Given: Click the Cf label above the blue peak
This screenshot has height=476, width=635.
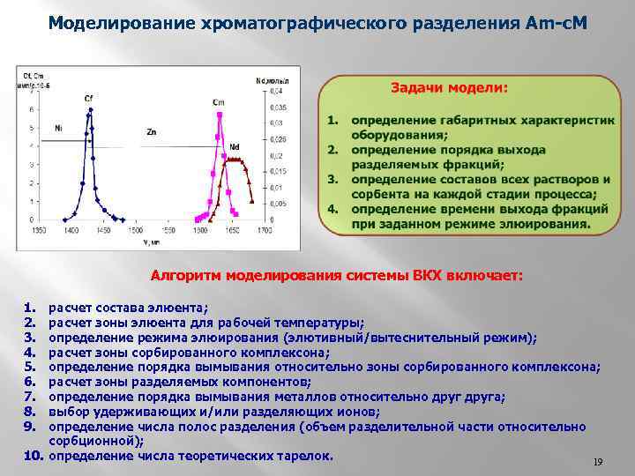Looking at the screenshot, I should (89, 98).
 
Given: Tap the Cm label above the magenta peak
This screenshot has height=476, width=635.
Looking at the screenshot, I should (218, 102).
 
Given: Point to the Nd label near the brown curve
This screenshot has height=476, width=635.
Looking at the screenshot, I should (235, 146).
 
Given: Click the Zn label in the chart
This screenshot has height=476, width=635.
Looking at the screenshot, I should (152, 131).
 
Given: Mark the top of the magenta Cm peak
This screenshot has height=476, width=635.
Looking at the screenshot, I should (219, 112).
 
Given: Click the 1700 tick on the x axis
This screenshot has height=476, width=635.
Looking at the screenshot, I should (264, 229).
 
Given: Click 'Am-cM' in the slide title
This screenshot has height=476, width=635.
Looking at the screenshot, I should (555, 22).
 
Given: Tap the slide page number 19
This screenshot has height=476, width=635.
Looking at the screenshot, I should (597, 462).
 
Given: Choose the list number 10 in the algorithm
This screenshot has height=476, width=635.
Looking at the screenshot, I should (33, 456).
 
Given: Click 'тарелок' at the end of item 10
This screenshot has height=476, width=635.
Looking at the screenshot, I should (306, 456).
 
